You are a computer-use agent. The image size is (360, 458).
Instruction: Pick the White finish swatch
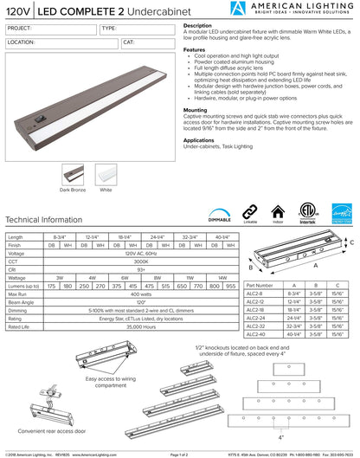[x=106, y=173]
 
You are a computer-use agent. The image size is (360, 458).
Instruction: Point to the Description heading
[x=198, y=27]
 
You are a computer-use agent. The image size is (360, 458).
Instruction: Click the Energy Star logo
[x=341, y=213]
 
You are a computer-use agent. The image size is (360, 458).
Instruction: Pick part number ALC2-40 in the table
[x=257, y=334]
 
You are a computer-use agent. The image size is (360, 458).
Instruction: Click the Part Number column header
[x=260, y=284]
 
